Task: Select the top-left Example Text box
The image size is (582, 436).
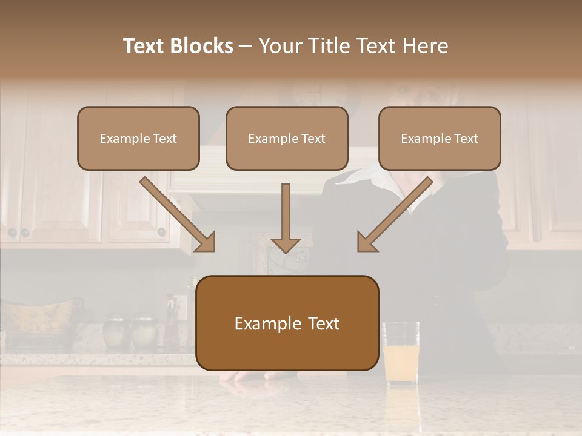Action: click(138, 138)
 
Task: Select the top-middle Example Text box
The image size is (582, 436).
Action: click(287, 138)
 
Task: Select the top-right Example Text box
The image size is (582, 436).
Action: click(440, 138)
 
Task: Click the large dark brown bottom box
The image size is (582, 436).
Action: click(287, 323)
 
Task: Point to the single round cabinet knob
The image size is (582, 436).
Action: click(161, 231)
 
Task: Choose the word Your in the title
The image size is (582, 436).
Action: click(280, 46)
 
